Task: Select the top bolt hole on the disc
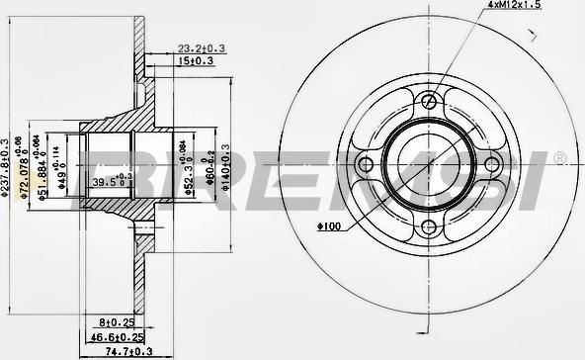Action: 427,100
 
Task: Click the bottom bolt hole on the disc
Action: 427,228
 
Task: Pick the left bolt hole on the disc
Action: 363,164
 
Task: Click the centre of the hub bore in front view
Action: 427,164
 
